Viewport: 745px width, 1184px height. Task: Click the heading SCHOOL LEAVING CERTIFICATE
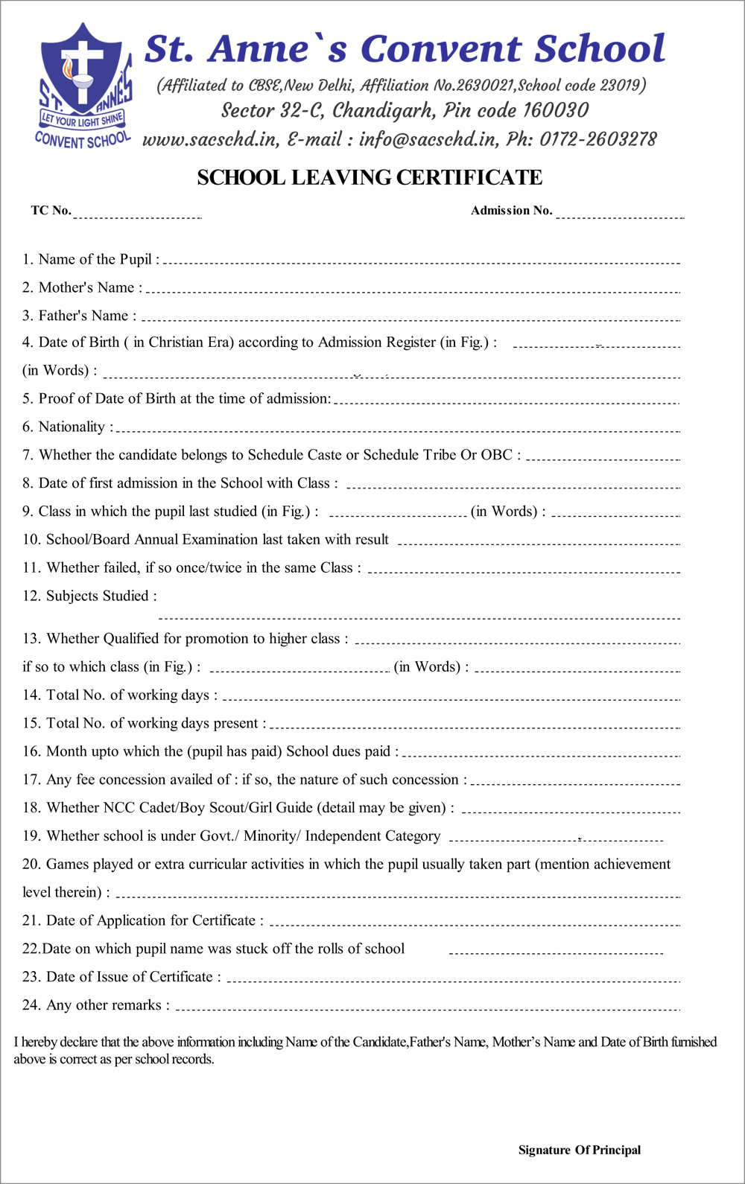[370, 178]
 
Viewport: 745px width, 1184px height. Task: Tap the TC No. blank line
[137, 214]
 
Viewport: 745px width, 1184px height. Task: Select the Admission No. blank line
[619, 214]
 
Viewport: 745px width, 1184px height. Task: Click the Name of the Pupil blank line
[421, 261]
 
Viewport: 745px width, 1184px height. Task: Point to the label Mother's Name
[86, 287]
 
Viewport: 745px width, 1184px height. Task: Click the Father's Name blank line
[410, 318]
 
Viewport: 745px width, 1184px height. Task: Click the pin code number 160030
[555, 111]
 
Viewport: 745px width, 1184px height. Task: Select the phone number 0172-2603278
[598, 139]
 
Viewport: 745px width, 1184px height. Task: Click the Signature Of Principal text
[579, 1150]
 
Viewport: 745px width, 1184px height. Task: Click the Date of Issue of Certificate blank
[453, 979]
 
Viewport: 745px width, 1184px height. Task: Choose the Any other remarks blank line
[428, 1008]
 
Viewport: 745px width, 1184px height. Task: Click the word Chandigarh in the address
[383, 111]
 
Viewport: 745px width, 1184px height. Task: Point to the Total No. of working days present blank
[475, 725]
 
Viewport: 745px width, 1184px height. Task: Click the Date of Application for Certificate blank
[475, 923]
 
